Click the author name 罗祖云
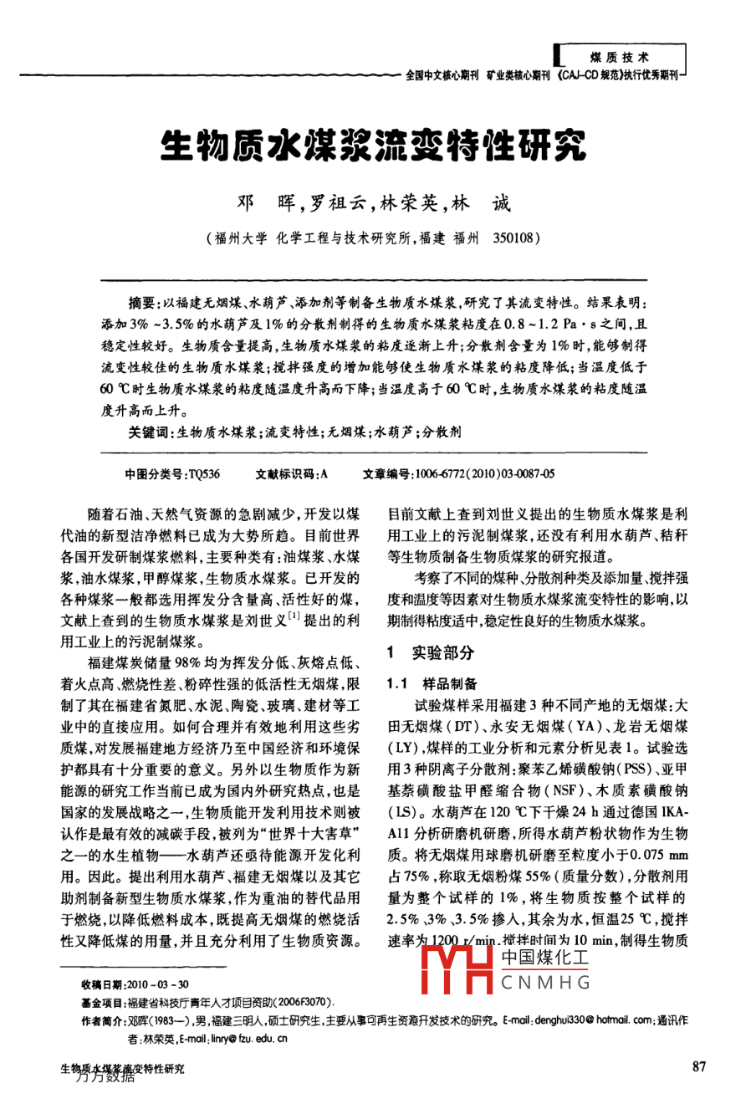tap(337, 203)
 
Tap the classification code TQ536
tap(204, 474)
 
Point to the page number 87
tap(699, 1066)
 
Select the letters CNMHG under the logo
tap(545, 982)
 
